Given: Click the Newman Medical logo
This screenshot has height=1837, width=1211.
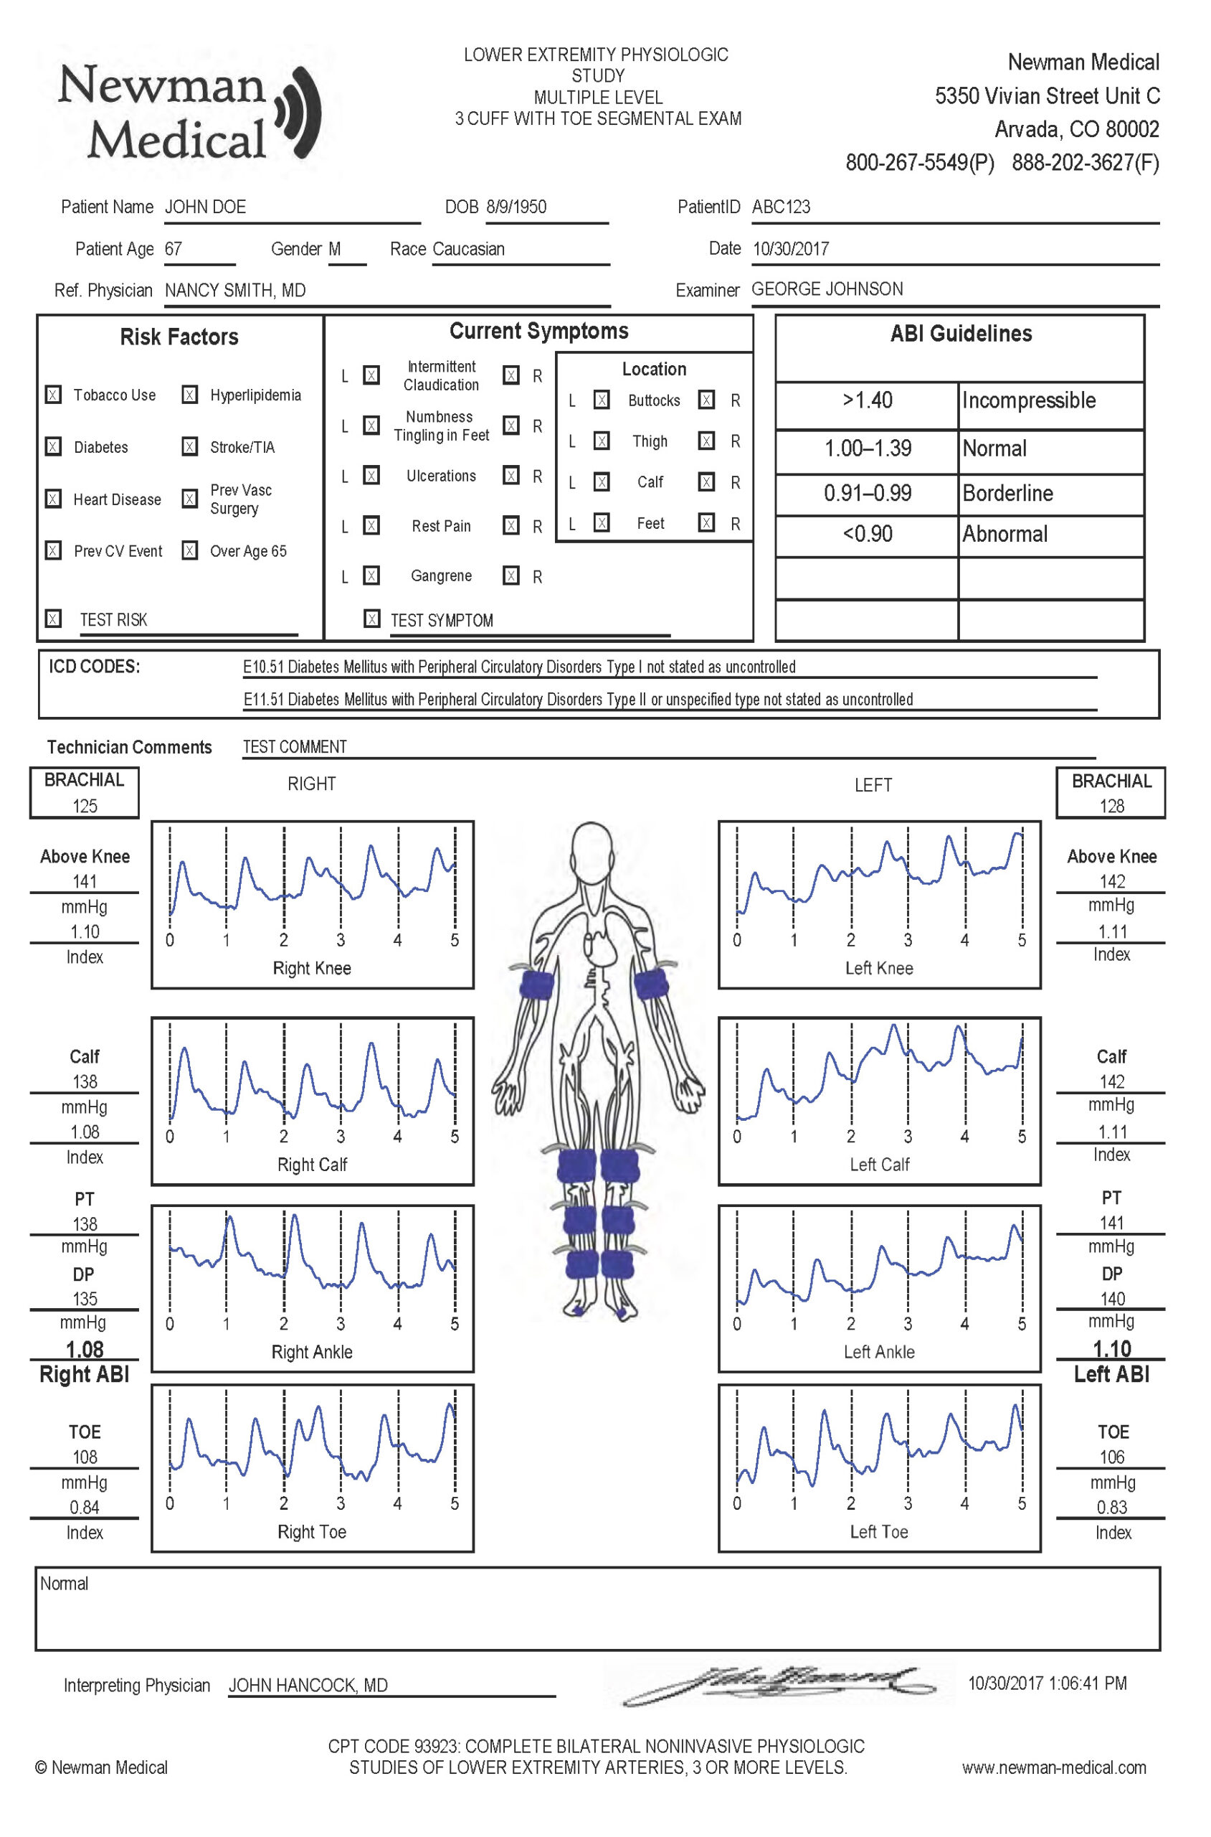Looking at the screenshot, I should point(189,113).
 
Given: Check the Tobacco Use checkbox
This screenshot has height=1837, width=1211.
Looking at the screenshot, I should point(53,395).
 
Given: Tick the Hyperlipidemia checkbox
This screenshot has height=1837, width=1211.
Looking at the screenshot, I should point(190,395).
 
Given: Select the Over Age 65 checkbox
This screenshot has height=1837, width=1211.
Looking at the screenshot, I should point(190,550).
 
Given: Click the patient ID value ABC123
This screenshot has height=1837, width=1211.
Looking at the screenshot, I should point(781,207).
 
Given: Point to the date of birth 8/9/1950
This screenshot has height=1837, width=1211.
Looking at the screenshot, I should point(516,207).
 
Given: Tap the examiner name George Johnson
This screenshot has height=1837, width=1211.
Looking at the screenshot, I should point(827,289).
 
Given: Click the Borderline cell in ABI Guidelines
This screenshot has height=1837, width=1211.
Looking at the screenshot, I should point(1007,493).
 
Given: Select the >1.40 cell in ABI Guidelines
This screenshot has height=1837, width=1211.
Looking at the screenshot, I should point(867,400).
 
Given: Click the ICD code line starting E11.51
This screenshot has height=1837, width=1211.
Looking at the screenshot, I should point(578,700).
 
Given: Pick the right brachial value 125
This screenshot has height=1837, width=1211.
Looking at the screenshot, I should point(85,806).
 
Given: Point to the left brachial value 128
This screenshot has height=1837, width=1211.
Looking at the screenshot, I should point(1111,806).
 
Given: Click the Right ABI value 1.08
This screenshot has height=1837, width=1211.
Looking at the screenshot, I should point(85,1348).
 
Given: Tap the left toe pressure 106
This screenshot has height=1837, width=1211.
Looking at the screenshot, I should point(1111,1457).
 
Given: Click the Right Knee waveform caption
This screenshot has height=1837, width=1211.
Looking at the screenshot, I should point(312,968).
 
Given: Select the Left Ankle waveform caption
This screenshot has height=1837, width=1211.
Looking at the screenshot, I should point(879,1352).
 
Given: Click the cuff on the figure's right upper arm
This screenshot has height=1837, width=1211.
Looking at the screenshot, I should point(536,985).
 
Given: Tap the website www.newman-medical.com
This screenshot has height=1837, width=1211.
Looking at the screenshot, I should point(1053,1767).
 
